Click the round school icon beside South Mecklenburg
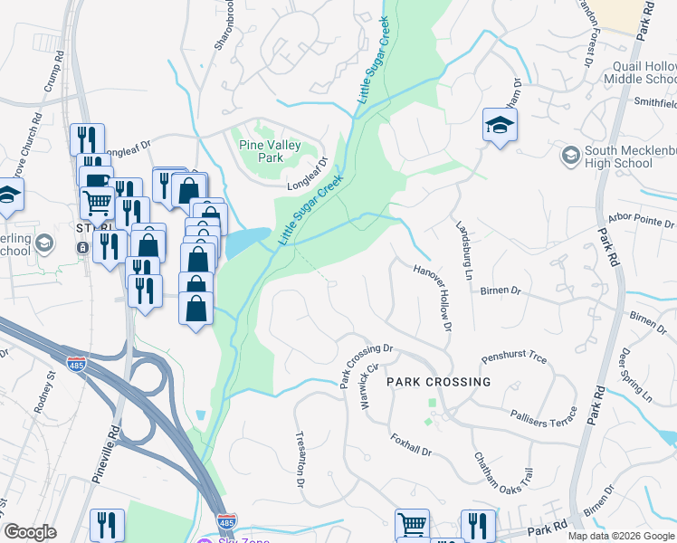pyautogui.click(x=570, y=157)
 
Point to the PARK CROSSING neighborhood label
pyautogui.click(x=439, y=382)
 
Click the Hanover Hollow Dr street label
pyautogui.click(x=432, y=297)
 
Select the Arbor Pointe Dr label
pyautogui.click(x=642, y=220)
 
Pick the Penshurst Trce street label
pyautogui.click(x=514, y=358)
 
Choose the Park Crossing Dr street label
pyautogui.click(x=367, y=365)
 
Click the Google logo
pyautogui.click(x=30, y=532)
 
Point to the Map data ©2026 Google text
pyautogui.click(x=620, y=536)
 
